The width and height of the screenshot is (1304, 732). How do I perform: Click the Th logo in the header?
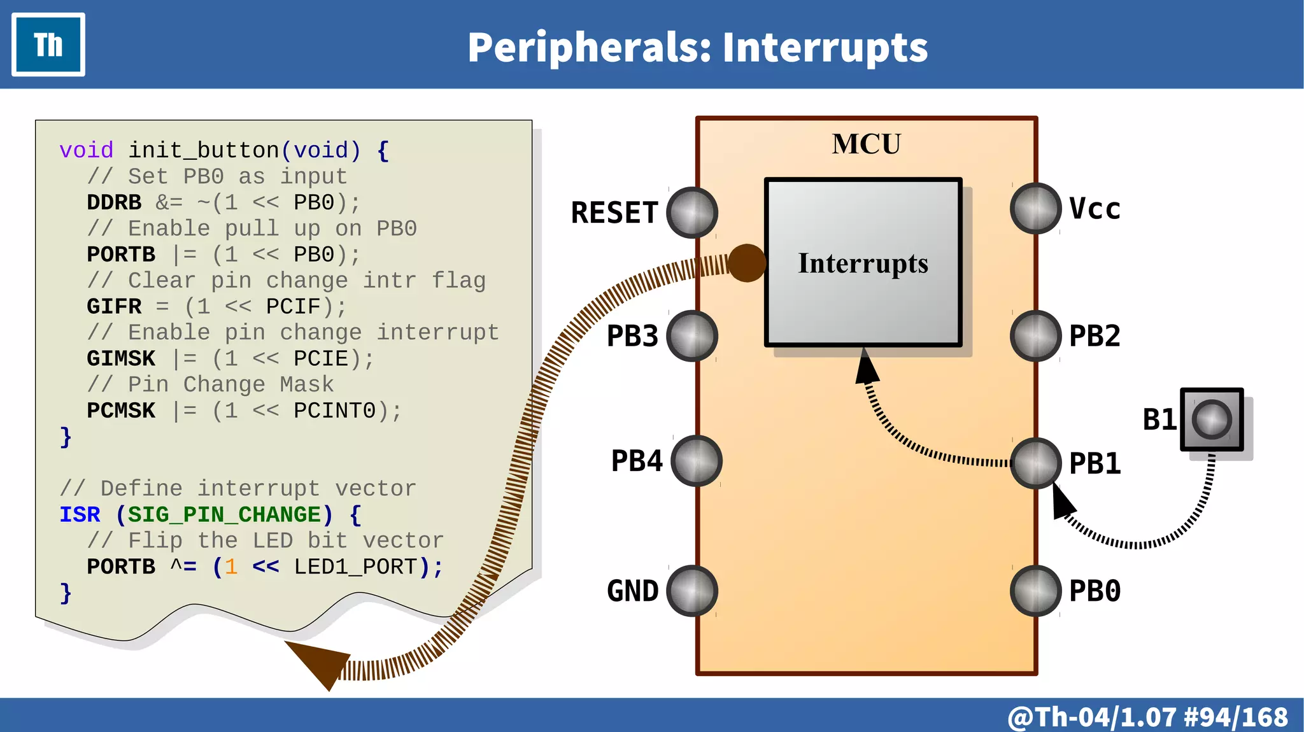tap(48, 45)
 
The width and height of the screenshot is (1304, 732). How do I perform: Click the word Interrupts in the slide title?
tap(825, 48)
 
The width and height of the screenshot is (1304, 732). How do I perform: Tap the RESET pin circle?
tap(692, 213)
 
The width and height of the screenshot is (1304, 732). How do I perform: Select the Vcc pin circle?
tap(1035, 208)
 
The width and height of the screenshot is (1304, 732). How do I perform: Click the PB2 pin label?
tap(1095, 336)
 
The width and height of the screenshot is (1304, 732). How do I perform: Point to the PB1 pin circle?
tap(1035, 463)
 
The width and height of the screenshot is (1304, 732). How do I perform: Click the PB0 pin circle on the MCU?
tap(1035, 591)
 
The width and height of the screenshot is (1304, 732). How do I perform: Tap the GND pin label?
tap(632, 591)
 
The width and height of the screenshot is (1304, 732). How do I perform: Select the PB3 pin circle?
tap(692, 336)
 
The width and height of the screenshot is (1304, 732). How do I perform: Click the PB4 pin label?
tap(637, 461)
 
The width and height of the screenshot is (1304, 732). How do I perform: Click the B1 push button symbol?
tap(1211, 419)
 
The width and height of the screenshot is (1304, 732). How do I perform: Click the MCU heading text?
tap(866, 144)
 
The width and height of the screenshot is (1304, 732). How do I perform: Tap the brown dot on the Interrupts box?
tap(746, 263)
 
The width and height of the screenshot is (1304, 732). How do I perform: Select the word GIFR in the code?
tap(114, 307)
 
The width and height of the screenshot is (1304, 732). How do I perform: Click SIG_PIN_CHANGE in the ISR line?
tap(225, 514)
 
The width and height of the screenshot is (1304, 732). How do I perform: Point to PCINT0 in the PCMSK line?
tap(334, 411)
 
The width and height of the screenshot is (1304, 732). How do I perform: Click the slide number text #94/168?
tap(1235, 717)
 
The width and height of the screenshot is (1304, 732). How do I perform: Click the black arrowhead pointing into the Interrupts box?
tap(866, 368)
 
